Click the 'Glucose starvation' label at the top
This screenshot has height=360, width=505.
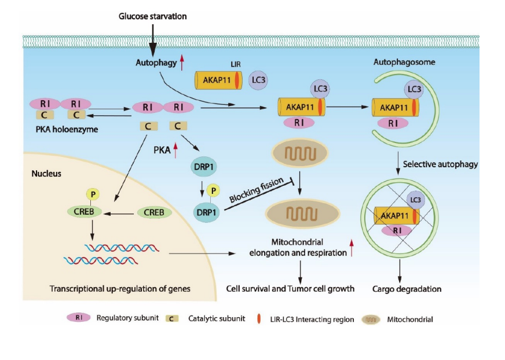tap(152, 16)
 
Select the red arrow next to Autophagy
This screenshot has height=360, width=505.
tap(181, 62)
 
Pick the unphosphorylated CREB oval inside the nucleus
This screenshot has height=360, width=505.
tap(153, 212)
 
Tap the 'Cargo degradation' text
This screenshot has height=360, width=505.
tap(408, 289)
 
